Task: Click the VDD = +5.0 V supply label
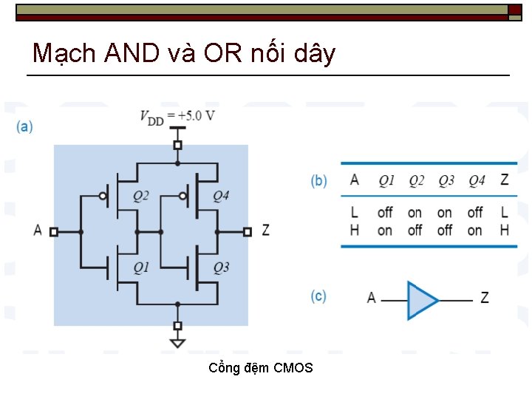(177, 115)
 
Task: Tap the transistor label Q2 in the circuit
(141, 196)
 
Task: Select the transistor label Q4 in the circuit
(221, 196)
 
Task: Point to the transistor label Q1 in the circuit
(141, 267)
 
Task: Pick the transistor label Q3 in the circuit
(221, 267)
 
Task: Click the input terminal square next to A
(54, 231)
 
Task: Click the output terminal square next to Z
(248, 231)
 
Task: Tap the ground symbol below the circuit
(177, 342)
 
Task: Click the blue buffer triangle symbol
(421, 299)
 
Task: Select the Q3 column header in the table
(446, 180)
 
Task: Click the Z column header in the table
(504, 180)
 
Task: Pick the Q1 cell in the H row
(385, 231)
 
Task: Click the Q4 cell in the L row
(475, 213)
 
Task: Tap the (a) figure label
(24, 126)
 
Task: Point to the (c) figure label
(318, 296)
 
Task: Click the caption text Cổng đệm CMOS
(261, 368)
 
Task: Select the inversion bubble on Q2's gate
(104, 197)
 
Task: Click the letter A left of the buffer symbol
(372, 298)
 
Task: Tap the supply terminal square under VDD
(177, 145)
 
